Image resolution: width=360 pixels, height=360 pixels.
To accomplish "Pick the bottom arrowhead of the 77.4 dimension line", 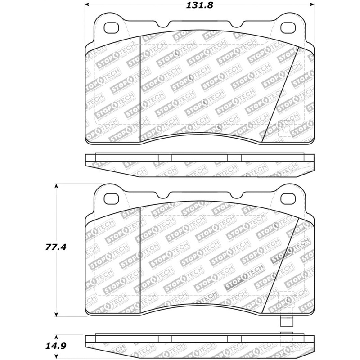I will click(56, 314).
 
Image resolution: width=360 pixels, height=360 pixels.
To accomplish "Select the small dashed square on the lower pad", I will click(286, 299).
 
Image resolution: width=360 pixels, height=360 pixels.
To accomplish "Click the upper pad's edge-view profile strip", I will click(200, 165).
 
